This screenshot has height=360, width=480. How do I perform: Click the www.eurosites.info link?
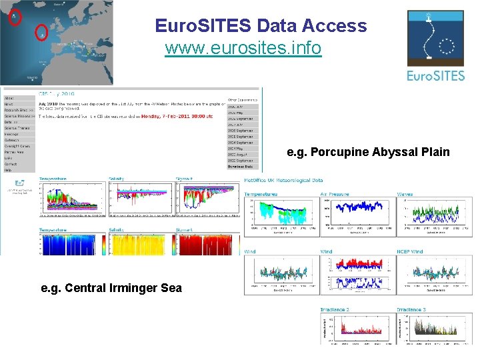tap(243, 48)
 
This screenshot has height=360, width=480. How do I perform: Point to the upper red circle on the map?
tap(15, 17)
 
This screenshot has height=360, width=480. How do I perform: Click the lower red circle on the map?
tap(41, 30)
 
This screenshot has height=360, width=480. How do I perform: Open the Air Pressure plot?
tap(358, 215)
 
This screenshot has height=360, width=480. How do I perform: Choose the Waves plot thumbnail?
tap(435, 215)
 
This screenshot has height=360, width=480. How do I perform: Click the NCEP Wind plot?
tap(435, 275)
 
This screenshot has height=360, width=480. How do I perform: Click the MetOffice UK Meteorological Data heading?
tap(283, 180)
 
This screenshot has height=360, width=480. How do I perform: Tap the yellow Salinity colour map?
tap(139, 243)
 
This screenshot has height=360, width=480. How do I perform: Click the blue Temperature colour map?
tap(71, 243)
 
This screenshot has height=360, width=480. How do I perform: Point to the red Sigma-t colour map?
tap(207, 243)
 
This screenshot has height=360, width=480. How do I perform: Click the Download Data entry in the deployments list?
tap(243, 167)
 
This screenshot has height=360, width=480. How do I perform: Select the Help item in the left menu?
tap(9, 170)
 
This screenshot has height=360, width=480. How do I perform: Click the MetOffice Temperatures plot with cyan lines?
tap(281, 215)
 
